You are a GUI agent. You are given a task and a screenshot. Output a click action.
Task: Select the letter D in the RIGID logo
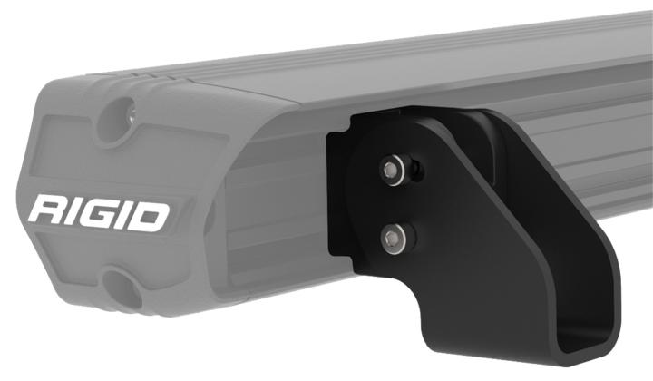click(x=151, y=215)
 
